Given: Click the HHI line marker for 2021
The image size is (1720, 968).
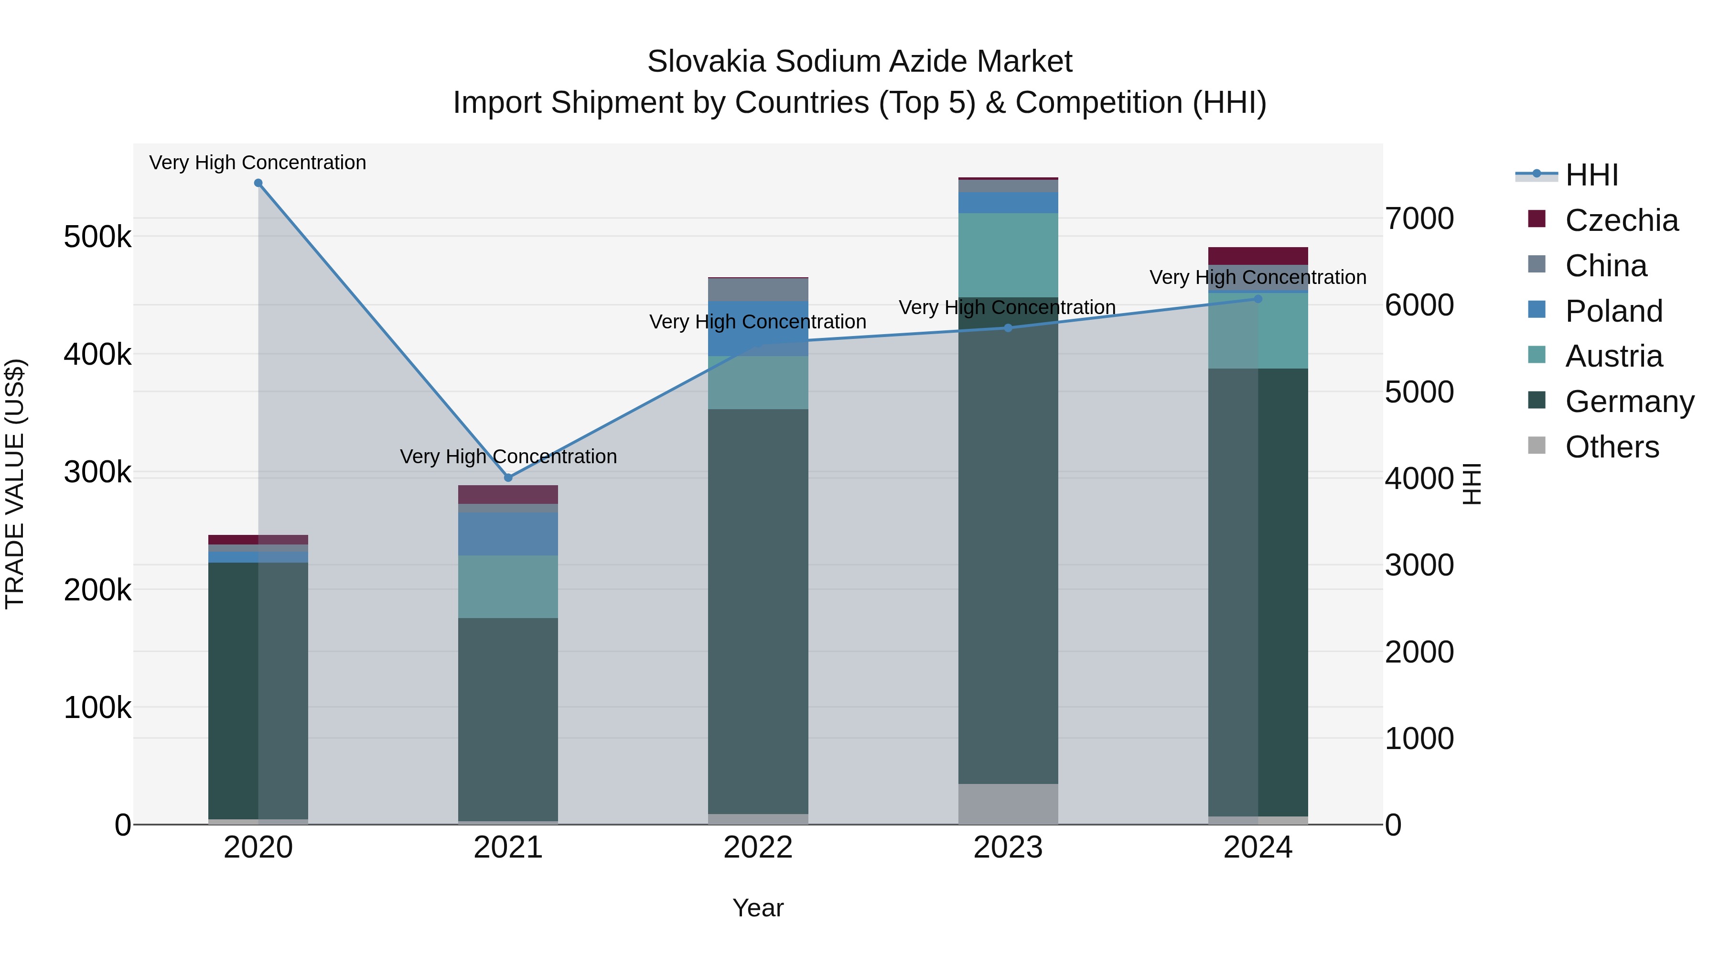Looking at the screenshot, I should pyautogui.click(x=508, y=478).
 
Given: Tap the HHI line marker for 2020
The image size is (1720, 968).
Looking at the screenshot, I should pyautogui.click(x=258, y=183).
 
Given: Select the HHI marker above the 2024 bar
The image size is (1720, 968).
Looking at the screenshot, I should pyautogui.click(x=1258, y=299).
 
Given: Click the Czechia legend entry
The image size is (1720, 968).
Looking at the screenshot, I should pyautogui.click(x=1621, y=220).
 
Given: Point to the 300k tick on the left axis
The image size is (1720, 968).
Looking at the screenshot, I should pyautogui.click(x=97, y=472).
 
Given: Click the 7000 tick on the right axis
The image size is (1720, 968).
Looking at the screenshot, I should pyautogui.click(x=1419, y=218).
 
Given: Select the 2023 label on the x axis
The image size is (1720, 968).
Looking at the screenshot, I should pyautogui.click(x=1008, y=848).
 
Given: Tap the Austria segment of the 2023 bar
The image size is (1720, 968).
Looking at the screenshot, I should pyautogui.click(x=1008, y=255).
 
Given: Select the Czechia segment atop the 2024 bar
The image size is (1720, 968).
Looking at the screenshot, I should pyautogui.click(x=1258, y=256).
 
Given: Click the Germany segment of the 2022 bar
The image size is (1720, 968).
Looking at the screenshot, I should pyautogui.click(x=758, y=611).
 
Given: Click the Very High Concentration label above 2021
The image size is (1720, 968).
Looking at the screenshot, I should pyautogui.click(x=508, y=457).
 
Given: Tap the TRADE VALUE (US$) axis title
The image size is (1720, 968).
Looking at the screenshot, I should pyautogui.click(x=15, y=484).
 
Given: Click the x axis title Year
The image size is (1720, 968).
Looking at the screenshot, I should pyautogui.click(x=758, y=908).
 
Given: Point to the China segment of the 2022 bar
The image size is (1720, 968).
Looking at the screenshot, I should pyautogui.click(x=758, y=290).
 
